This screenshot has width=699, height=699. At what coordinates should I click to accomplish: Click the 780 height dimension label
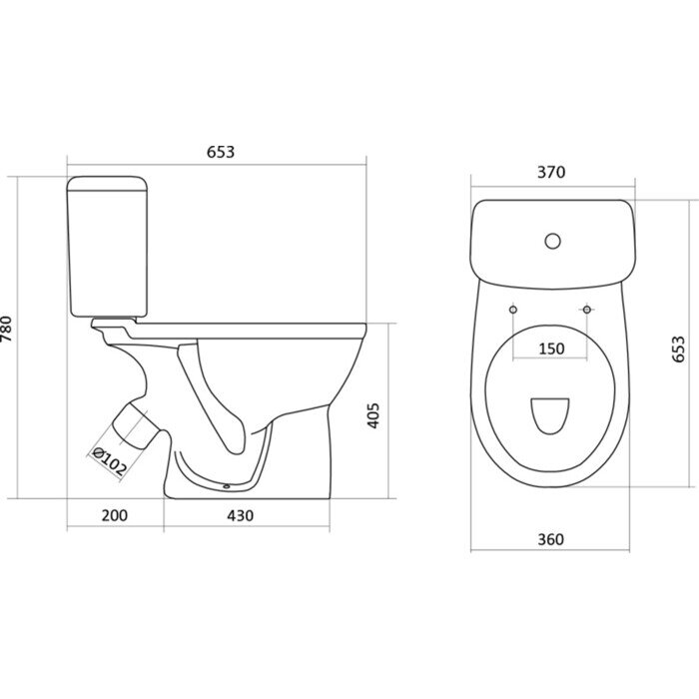tap(7, 329)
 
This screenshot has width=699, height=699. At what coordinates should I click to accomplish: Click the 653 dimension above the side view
tap(221, 152)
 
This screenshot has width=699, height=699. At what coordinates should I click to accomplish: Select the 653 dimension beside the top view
tap(678, 349)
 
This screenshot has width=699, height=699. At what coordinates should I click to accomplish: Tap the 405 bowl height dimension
tap(373, 415)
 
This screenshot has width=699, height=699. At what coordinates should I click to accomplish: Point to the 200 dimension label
tap(115, 515)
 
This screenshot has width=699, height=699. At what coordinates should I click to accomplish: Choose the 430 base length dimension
tap(241, 516)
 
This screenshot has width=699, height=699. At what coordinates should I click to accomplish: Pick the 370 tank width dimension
tap(551, 172)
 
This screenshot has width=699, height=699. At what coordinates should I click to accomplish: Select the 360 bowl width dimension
tap(550, 539)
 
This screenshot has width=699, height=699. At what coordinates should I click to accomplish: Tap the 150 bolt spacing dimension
tap(551, 349)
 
